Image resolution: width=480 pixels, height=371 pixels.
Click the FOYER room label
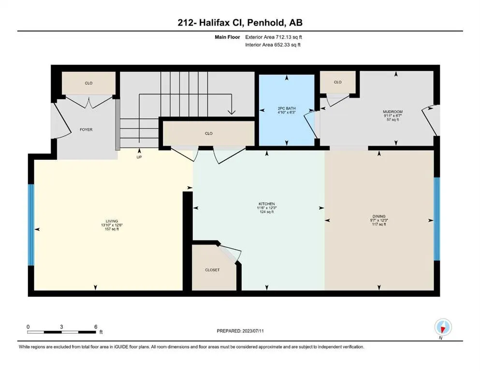[x=86, y=129]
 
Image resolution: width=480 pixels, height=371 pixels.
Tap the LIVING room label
[x=112, y=221]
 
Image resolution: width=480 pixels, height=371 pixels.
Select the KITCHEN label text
[x=267, y=204]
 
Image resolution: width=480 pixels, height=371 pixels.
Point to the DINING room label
[x=379, y=216]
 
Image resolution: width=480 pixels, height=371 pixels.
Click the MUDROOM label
[x=393, y=112]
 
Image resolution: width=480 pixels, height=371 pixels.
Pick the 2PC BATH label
[x=287, y=108]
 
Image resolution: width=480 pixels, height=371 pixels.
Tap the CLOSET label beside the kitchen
[x=212, y=270]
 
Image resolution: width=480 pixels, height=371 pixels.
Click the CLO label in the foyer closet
[x=88, y=83]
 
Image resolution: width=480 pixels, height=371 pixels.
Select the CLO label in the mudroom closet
[x=338, y=82]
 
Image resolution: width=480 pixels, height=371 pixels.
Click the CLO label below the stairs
[x=208, y=133]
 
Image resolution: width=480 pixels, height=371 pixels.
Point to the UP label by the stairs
[x=139, y=157]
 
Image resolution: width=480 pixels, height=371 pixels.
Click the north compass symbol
[x=443, y=327]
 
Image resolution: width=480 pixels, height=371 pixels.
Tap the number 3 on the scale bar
[x=61, y=327]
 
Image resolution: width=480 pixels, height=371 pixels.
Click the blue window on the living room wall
[x=31, y=225]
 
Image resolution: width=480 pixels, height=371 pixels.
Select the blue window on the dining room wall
[x=437, y=219]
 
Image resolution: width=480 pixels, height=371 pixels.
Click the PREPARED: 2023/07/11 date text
[x=240, y=331]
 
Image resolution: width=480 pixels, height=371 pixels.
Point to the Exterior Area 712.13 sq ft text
[x=274, y=37]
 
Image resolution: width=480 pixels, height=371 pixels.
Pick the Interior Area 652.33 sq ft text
[x=273, y=44]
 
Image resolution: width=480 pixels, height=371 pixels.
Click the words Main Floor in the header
[x=227, y=37]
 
